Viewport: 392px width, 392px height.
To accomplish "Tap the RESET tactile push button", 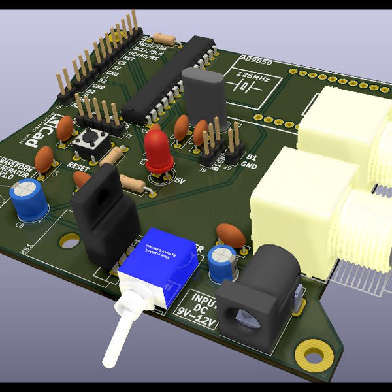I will tap(88, 139).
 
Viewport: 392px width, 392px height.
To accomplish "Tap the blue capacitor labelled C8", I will tap(28, 201).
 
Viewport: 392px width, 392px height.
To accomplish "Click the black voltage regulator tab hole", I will tap(99, 193).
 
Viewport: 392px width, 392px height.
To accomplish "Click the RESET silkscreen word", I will tap(78, 167).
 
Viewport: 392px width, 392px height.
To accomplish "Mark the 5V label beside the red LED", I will tap(181, 180).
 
